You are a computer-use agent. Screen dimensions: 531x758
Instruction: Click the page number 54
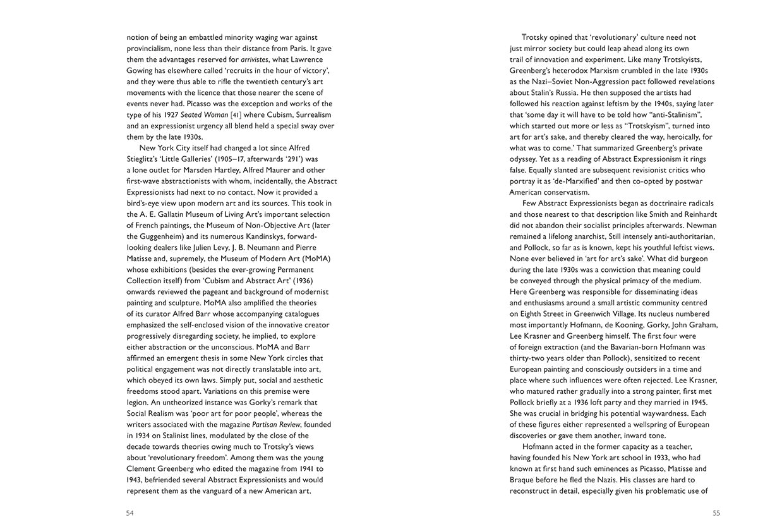(130, 513)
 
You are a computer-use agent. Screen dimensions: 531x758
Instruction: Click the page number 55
(716, 513)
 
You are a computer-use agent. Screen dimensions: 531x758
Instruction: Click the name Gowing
(141, 70)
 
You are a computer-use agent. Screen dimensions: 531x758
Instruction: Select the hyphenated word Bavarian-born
(633, 347)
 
